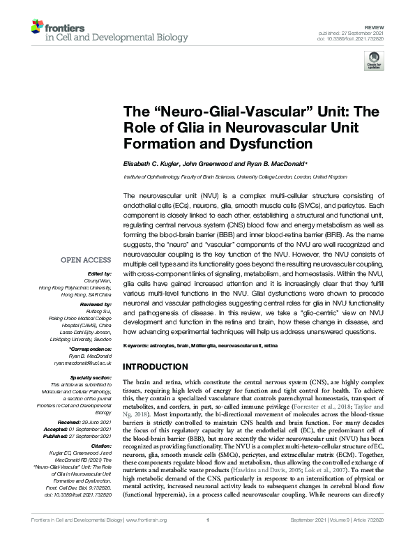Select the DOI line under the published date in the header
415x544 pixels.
tap(363, 29)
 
